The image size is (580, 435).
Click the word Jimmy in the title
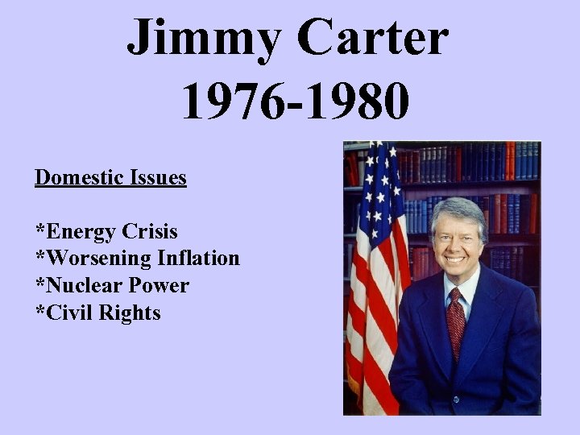(207, 39)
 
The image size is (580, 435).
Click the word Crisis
(149, 232)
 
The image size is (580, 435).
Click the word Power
(160, 286)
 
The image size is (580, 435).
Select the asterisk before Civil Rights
(39, 310)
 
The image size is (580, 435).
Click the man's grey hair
(458, 209)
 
